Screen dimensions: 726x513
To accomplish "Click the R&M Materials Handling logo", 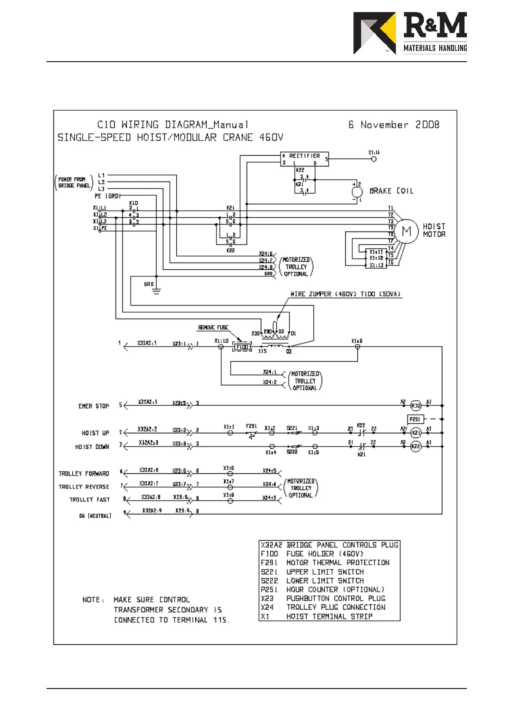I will click(410, 33).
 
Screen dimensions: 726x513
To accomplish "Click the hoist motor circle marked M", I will click(406, 232).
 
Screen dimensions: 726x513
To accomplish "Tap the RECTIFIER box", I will click(304, 159).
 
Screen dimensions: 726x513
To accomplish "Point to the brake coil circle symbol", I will click(357, 192).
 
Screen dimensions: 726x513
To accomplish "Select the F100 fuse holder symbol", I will click(242, 347).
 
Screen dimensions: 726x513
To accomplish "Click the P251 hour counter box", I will click(415, 419).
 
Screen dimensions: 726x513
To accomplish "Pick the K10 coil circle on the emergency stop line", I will click(416, 406).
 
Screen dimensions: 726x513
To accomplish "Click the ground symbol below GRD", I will click(156, 291).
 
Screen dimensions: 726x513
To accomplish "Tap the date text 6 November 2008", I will click(394, 125).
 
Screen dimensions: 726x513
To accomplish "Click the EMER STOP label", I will click(94, 406).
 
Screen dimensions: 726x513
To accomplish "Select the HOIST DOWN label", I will click(92, 447).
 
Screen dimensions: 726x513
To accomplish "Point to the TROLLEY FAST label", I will click(89, 500).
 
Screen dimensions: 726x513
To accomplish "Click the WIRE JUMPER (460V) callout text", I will click(345, 294).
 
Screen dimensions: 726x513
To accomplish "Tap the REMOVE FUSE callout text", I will click(213, 328).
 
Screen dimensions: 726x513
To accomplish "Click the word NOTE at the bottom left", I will click(92, 600).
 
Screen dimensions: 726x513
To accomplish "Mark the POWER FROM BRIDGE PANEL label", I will click(74, 182).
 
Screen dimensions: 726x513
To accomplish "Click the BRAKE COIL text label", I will click(391, 191).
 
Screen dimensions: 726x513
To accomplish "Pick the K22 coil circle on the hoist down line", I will click(416, 447).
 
